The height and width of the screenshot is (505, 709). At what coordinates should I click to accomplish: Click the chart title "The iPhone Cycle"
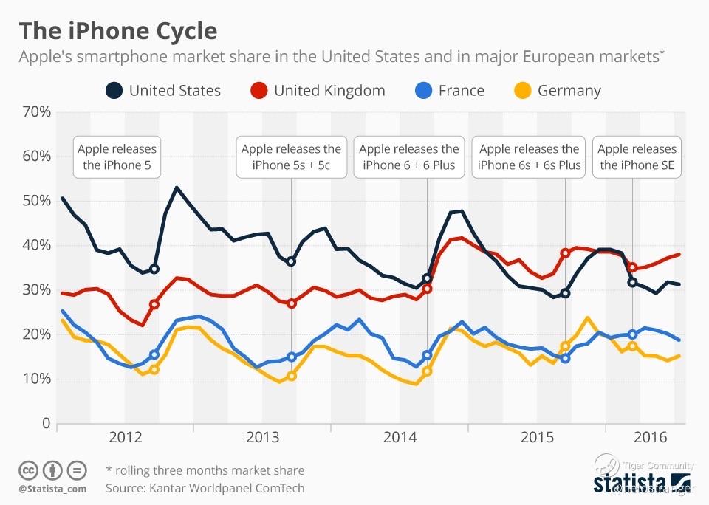[x=118, y=31]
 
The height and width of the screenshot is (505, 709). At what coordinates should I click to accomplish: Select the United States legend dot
[x=114, y=91]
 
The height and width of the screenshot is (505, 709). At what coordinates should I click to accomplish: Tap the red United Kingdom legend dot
[x=259, y=91]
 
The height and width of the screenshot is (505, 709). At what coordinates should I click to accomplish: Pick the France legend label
[x=461, y=91]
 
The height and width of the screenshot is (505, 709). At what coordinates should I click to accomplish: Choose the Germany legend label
[x=569, y=91]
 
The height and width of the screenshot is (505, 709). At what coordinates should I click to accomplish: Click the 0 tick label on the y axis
[x=45, y=424]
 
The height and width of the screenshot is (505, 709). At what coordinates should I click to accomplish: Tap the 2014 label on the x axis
[x=400, y=437]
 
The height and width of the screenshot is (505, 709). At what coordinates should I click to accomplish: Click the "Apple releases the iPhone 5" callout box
[x=117, y=157]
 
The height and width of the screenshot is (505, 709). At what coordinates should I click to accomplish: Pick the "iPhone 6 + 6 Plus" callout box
[x=408, y=157]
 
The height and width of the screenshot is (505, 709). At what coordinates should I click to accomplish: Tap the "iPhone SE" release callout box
[x=637, y=157]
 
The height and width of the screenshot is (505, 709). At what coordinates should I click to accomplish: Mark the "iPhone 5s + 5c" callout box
[x=291, y=157]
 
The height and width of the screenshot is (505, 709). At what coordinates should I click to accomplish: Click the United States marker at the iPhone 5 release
[x=154, y=269]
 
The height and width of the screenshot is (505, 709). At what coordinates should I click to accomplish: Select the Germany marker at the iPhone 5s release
[x=292, y=376]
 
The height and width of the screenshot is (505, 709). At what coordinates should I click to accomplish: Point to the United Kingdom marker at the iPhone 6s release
[x=565, y=253]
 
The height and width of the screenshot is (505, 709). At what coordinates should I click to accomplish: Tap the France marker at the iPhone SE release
[x=632, y=334]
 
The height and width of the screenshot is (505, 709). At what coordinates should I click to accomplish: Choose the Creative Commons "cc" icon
[x=29, y=470]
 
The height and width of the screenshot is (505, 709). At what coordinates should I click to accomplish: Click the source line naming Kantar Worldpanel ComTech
[x=205, y=488]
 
